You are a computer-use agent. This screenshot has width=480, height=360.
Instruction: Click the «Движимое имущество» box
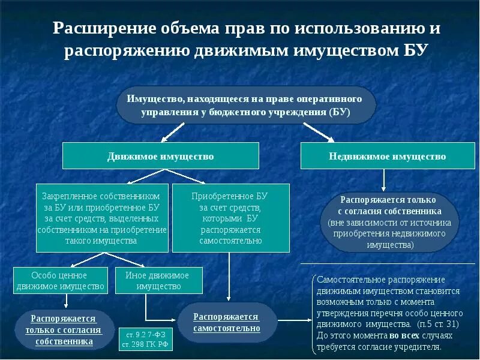161,156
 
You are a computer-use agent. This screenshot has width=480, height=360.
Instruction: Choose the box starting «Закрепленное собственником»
101,218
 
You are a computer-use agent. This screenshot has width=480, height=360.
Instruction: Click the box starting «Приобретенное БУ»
230,218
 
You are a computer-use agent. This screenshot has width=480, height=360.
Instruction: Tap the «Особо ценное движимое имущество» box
60,280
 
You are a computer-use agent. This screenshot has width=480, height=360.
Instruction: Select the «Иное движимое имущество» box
158,280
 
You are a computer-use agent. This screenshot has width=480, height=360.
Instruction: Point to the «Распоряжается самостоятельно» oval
226,322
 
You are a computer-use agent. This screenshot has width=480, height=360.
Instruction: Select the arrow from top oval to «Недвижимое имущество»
318,131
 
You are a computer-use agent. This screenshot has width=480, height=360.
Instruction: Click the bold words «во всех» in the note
403,335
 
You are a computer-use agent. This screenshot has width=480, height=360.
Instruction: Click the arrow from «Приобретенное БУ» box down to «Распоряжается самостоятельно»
229,276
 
